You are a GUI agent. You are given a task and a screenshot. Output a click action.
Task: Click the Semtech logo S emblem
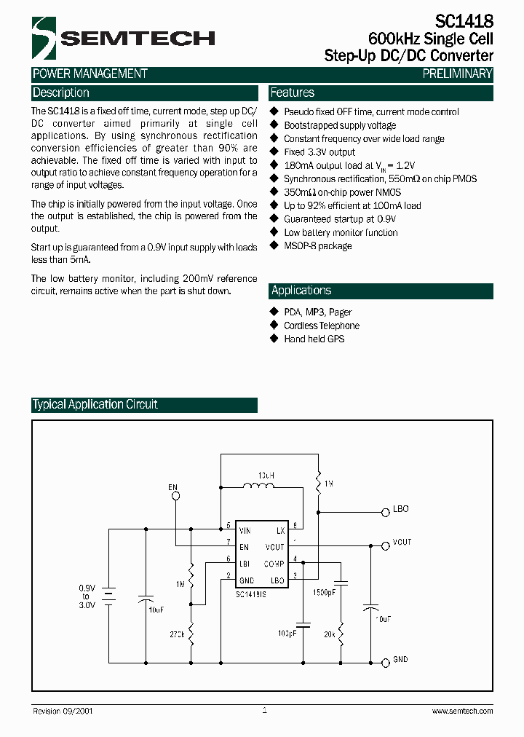click(44, 39)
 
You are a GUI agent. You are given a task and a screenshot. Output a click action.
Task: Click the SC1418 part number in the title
click(465, 23)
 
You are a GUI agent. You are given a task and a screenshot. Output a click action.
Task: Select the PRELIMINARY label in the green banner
click(457, 74)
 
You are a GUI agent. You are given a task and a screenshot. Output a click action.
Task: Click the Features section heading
click(293, 93)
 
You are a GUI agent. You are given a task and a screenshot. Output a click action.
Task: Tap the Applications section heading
click(301, 291)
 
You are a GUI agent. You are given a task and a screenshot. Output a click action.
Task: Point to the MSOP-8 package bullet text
click(318, 246)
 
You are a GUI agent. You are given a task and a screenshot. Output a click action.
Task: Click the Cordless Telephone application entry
click(322, 326)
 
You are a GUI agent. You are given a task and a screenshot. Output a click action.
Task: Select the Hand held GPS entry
click(314, 339)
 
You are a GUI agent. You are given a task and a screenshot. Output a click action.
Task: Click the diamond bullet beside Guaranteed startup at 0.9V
click(274, 219)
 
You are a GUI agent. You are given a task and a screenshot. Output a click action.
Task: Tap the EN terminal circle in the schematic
click(175, 496)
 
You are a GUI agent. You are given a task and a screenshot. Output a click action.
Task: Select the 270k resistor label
click(178, 635)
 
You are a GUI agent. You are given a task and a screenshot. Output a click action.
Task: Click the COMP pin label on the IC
click(274, 563)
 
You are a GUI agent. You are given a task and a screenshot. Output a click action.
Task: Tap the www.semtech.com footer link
click(462, 711)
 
